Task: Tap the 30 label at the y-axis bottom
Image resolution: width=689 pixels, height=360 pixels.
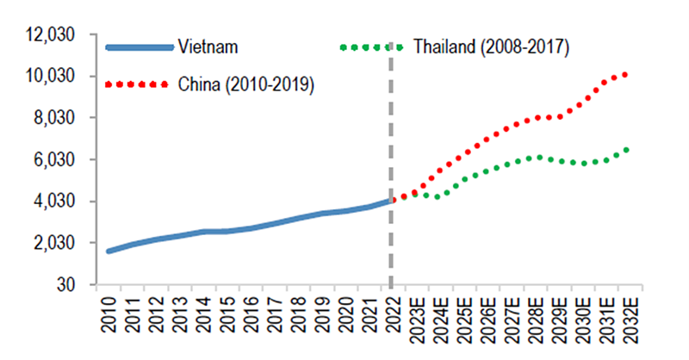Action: click(67, 284)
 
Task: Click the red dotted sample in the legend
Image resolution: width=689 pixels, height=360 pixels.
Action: click(136, 84)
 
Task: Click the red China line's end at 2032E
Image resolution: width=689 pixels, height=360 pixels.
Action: click(626, 75)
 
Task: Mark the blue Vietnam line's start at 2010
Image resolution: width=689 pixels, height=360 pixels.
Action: click(109, 251)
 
